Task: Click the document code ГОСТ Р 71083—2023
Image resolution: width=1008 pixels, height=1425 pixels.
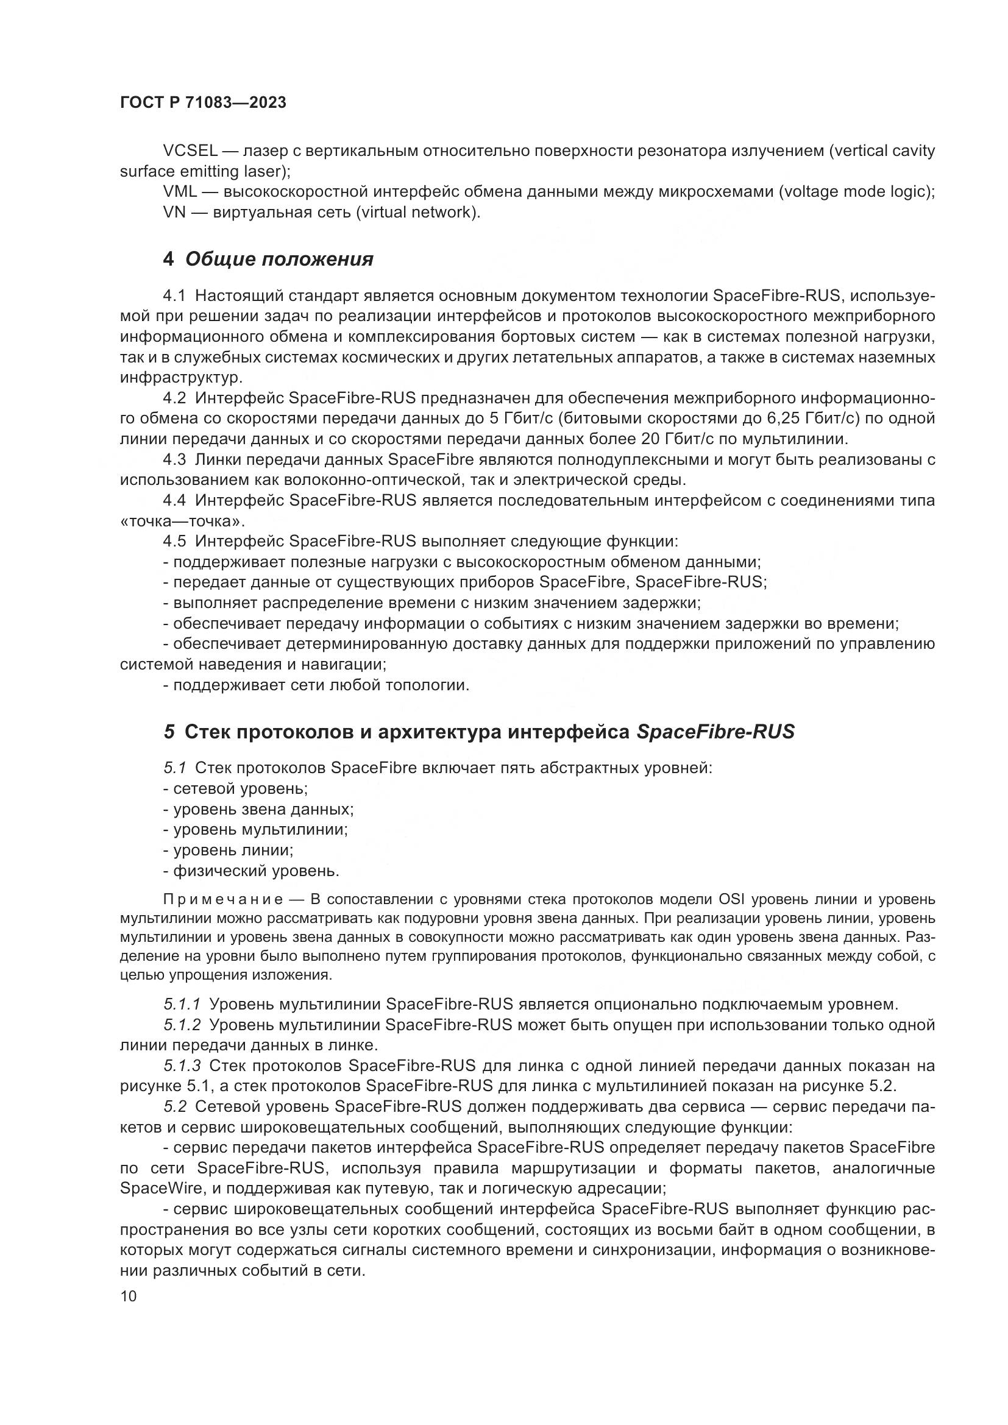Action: [x=203, y=103]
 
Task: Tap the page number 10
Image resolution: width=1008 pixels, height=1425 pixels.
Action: [x=129, y=1296]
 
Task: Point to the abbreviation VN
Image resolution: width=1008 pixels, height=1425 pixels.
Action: [x=174, y=212]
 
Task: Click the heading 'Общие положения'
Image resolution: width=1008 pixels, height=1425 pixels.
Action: [x=279, y=259]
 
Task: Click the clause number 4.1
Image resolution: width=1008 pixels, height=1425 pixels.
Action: [x=174, y=295]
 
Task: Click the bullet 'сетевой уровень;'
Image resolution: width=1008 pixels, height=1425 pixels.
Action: [x=236, y=789]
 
